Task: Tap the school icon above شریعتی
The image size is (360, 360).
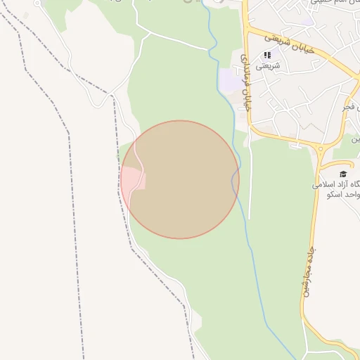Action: pyautogui.click(x=267, y=55)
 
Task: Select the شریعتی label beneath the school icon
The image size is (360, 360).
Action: pyautogui.click(x=267, y=65)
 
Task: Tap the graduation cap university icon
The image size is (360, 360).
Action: pyautogui.click(x=343, y=174)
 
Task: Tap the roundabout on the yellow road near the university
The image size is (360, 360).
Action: pyautogui.click(x=321, y=148)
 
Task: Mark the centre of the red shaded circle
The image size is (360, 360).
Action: pyautogui.click(x=180, y=179)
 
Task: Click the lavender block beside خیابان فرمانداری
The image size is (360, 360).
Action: pyautogui.click(x=229, y=79)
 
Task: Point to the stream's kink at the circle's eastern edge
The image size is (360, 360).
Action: pyautogui.click(x=233, y=181)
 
